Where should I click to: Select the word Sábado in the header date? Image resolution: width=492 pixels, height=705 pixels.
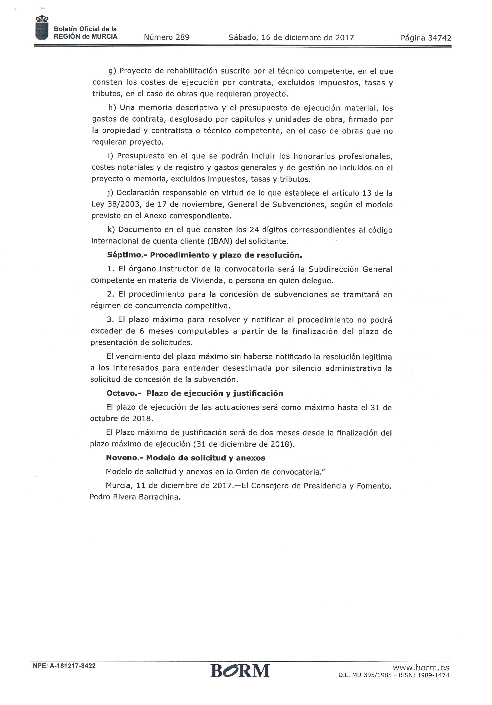(x=242, y=37)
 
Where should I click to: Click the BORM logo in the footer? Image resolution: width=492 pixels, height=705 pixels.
(x=240, y=671)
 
